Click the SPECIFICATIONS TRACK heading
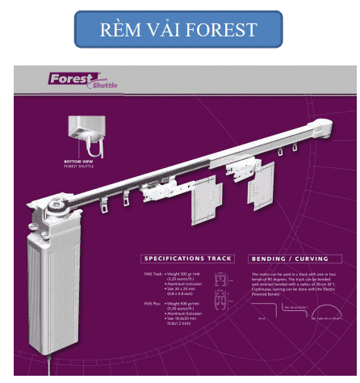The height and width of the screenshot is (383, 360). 186,259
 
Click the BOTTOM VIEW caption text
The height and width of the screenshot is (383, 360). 79,161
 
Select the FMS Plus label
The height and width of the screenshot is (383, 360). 153,305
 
